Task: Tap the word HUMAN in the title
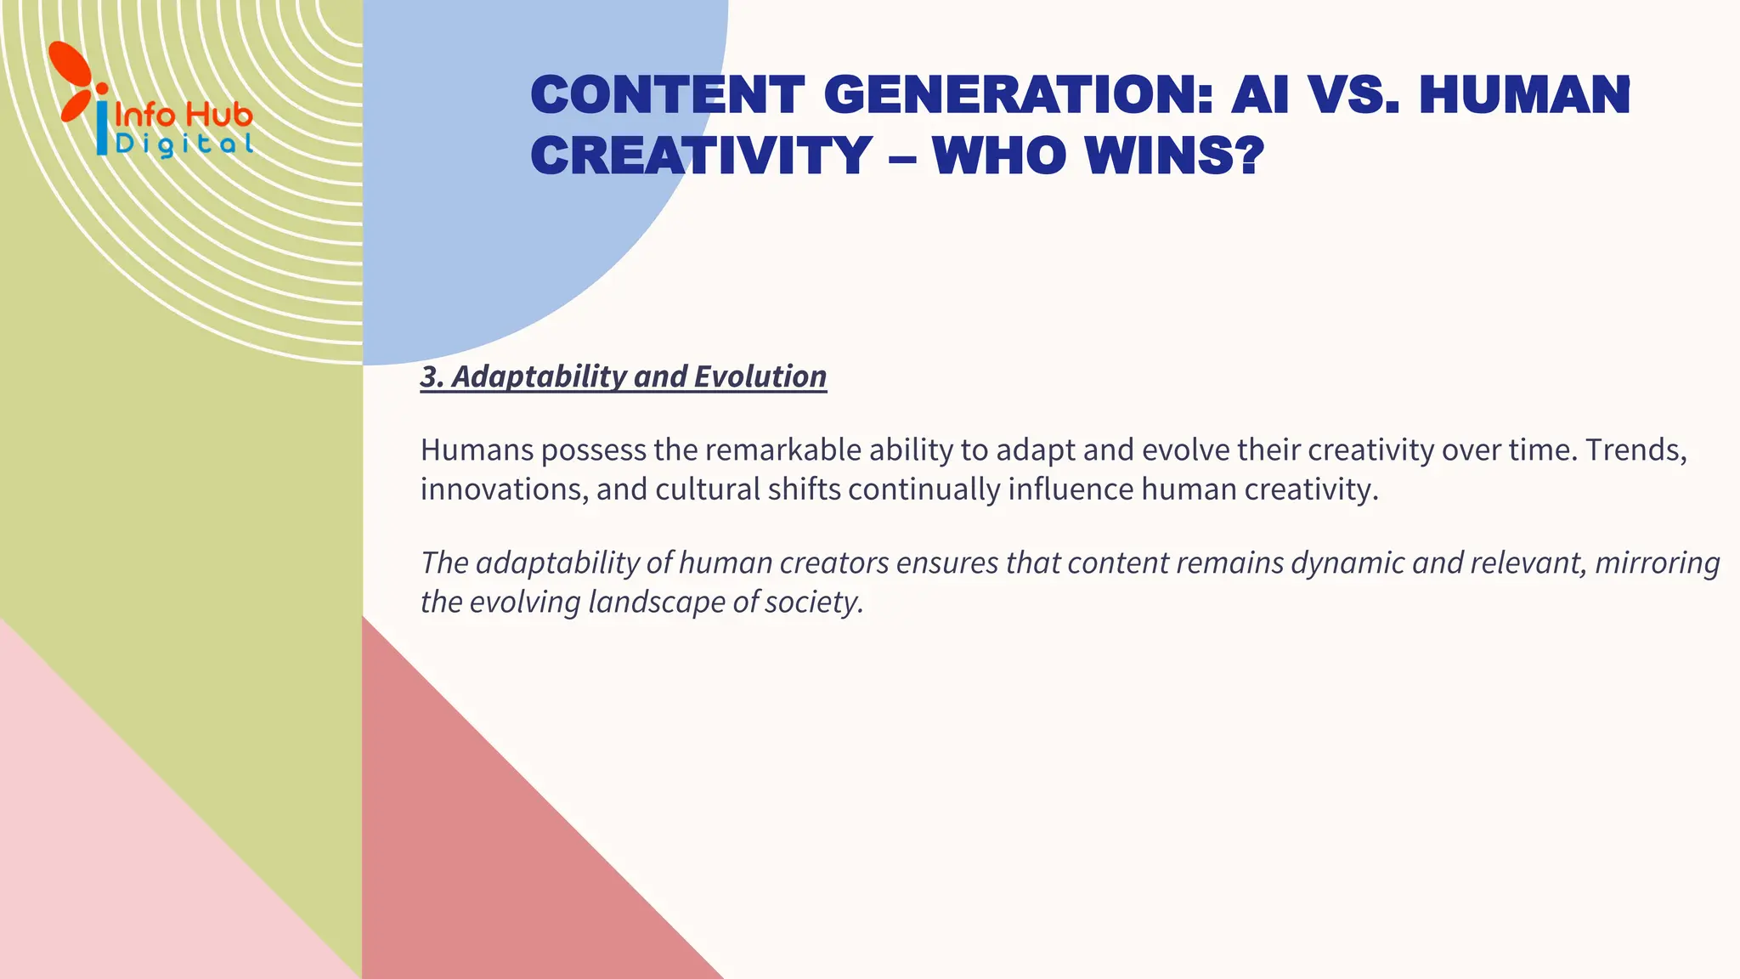tap(1524, 94)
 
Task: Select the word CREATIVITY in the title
tap(701, 156)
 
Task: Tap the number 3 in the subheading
tap(430, 376)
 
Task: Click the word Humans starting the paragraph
tap(477, 450)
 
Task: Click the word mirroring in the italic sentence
tap(1657, 563)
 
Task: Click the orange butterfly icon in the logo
tap(74, 81)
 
